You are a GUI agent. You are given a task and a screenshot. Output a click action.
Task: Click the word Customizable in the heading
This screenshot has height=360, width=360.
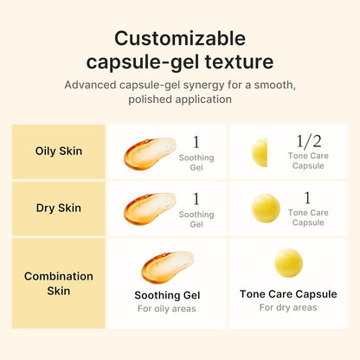pyautogui.click(x=180, y=38)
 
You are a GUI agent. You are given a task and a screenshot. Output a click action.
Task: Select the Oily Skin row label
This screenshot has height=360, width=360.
pyautogui.click(x=58, y=151)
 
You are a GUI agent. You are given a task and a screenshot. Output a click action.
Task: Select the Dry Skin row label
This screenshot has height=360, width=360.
pyautogui.click(x=58, y=208)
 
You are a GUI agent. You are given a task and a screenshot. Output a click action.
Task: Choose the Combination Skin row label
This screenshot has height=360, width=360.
pyautogui.click(x=58, y=283)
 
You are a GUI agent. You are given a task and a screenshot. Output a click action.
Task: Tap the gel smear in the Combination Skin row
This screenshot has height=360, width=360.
pyautogui.click(x=167, y=267)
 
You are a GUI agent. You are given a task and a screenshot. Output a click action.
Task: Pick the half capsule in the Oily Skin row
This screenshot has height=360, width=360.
pyautogui.click(x=259, y=152)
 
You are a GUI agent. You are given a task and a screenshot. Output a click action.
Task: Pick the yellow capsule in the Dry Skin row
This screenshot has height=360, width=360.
pyautogui.click(x=265, y=209)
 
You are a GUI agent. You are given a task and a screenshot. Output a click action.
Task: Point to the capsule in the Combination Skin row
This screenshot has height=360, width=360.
pyautogui.click(x=288, y=262)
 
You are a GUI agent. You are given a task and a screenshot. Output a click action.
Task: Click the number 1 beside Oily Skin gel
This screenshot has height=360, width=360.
pyautogui.click(x=196, y=142)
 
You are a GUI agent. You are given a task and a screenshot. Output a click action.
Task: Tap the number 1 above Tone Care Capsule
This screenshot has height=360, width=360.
pyautogui.click(x=307, y=197)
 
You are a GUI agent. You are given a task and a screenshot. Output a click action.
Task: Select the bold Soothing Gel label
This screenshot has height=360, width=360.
pyautogui.click(x=167, y=294)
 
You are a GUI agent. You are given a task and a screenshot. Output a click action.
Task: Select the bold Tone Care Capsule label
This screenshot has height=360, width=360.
pyautogui.click(x=288, y=294)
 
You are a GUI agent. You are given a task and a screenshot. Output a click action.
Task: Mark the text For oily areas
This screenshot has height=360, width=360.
pyautogui.click(x=167, y=309)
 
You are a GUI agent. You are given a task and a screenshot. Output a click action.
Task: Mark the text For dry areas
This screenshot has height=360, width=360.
pyautogui.click(x=288, y=308)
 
